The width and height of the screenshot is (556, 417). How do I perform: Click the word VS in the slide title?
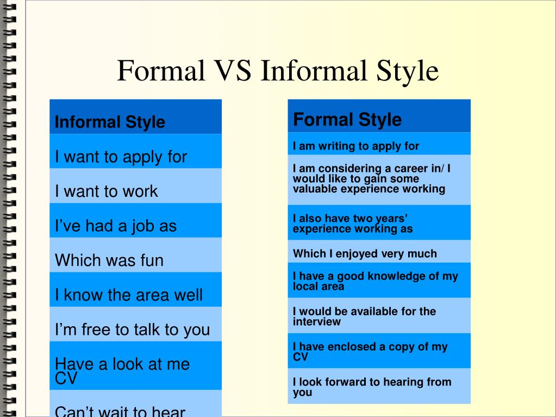pos(233,71)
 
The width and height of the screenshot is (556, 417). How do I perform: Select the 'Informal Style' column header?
pos(135,117)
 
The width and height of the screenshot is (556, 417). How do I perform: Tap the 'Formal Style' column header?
pos(379,116)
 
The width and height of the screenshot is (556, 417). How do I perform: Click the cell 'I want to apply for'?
pos(135,151)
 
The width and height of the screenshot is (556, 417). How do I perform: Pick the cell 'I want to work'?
pos(135,186)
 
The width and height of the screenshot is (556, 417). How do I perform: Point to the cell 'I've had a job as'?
pos(135,220)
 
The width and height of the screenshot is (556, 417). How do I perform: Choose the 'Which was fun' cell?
pos(135,255)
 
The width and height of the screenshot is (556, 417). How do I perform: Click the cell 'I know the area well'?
pos(135,289)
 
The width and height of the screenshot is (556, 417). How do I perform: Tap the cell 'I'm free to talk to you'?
pos(135,324)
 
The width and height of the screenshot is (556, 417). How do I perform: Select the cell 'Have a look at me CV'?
pos(135,365)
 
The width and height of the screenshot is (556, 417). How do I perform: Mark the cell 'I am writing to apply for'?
pos(379,144)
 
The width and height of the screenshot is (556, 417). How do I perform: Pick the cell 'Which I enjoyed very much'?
pos(379,251)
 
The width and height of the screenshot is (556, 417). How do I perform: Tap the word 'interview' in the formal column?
pos(317,322)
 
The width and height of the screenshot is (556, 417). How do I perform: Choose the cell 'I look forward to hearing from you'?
pos(379,386)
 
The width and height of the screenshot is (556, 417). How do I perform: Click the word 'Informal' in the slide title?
pos(314,71)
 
